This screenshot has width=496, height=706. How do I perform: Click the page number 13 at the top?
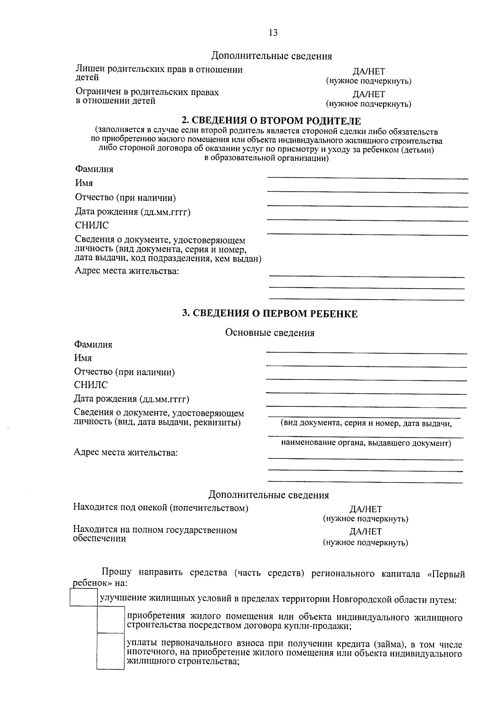(273, 33)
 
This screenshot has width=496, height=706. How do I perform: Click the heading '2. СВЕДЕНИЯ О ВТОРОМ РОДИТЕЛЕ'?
(272, 121)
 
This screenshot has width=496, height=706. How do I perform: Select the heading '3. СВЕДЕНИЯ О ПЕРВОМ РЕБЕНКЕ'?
(270, 314)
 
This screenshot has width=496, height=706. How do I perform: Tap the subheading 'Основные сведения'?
(269, 333)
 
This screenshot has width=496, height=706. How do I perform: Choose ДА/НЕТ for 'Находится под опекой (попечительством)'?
(365, 509)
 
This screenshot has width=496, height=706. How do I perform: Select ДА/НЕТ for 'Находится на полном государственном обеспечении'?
(365, 532)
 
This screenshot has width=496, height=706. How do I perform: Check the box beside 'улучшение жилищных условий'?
(84, 597)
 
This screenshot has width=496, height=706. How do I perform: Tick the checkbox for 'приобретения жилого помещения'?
(111, 620)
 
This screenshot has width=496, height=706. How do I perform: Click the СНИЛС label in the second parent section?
(92, 226)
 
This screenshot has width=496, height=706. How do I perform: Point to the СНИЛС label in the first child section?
(91, 385)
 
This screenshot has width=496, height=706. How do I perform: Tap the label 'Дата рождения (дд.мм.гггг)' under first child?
(131, 399)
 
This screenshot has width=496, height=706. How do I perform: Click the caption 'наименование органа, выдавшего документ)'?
(366, 444)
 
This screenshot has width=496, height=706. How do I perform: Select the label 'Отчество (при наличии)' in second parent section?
(125, 198)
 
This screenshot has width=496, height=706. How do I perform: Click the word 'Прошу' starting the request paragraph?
(117, 572)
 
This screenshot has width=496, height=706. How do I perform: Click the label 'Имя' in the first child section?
(83, 358)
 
